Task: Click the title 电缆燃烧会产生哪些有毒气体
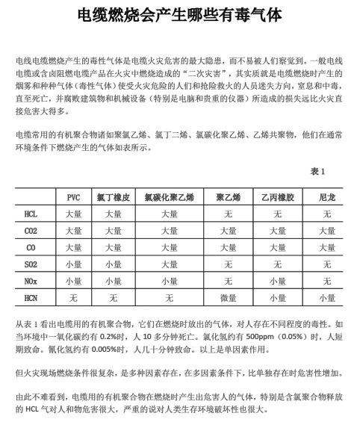(x=179, y=15)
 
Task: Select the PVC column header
(x=73, y=197)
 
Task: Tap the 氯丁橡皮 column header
(x=114, y=197)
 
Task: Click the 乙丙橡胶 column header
(x=278, y=197)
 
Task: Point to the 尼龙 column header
(x=326, y=197)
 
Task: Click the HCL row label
(x=31, y=214)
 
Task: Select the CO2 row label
(x=31, y=230)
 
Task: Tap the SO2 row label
(x=31, y=264)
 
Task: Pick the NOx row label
(x=31, y=281)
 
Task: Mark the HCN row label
(x=31, y=297)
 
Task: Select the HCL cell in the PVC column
(x=73, y=214)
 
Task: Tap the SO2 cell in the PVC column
(x=73, y=264)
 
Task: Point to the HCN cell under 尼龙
(x=326, y=297)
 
